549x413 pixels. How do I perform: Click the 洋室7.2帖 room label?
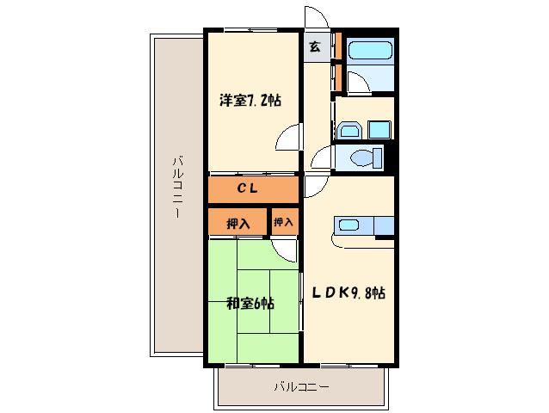(250, 101)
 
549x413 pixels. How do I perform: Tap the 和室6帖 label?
(250, 303)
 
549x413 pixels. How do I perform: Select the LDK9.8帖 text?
(349, 293)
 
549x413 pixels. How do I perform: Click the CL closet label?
(248, 188)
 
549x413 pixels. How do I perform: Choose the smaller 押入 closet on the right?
(285, 221)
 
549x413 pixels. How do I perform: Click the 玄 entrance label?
(315, 46)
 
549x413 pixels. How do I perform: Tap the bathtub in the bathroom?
(369, 51)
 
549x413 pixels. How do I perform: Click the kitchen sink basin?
(349, 225)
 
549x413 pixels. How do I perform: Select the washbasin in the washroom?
(350, 131)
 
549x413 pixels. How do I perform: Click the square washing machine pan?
(379, 130)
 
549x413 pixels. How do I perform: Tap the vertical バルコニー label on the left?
(178, 188)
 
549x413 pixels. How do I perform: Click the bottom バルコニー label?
(301, 386)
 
